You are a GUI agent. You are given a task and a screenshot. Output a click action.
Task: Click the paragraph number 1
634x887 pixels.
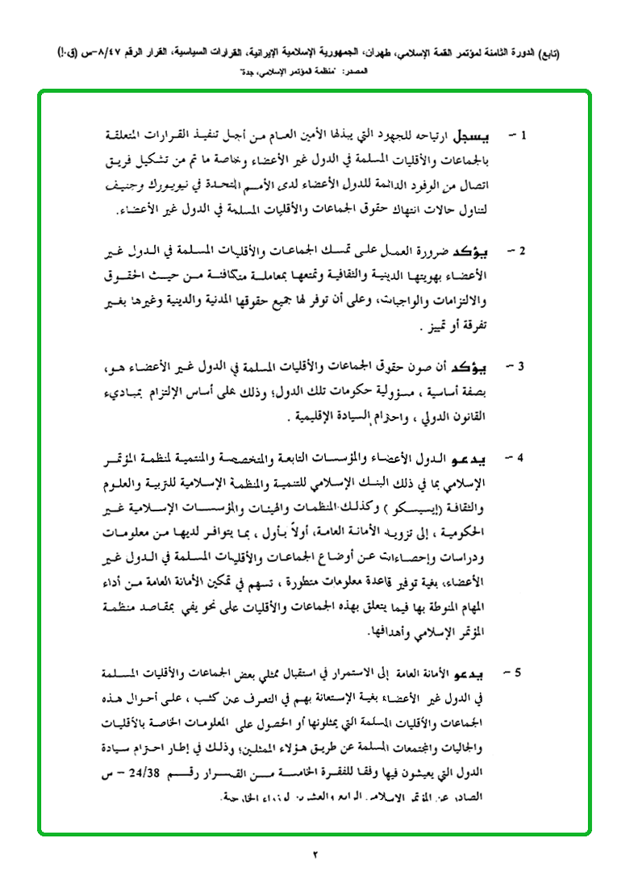pos(521,133)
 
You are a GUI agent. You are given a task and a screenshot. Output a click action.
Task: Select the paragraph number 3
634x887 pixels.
pos(521,368)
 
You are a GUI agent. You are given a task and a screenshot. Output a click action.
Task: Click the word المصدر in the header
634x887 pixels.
pos(355,72)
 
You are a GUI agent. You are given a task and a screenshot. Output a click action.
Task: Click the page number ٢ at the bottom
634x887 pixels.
pos(316,856)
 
